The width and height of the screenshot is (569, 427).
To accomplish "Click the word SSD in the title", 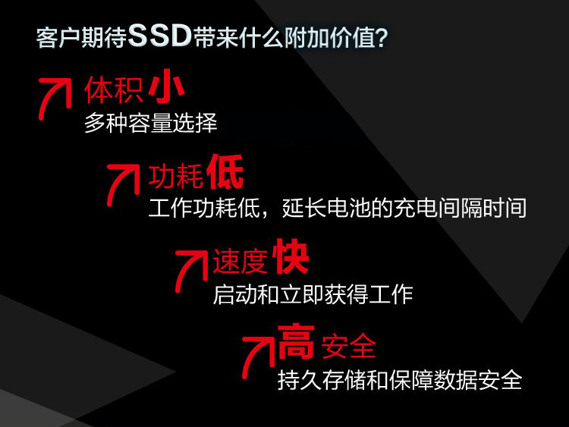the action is (x=160, y=36).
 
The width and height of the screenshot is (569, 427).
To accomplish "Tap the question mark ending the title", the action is (x=382, y=37).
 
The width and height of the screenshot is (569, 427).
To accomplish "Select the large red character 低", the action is (x=225, y=171).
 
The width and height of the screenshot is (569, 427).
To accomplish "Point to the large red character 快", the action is (x=292, y=256).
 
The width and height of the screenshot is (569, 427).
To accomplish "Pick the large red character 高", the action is (x=296, y=341).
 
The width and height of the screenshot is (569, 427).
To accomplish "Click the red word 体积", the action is (x=114, y=90).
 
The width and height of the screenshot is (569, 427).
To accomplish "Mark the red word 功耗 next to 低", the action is (x=176, y=177).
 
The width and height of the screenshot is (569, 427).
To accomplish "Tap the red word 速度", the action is (x=240, y=261).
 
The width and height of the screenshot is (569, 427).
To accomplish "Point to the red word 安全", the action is (x=348, y=346).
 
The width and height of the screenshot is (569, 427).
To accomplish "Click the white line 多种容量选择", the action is (x=151, y=123).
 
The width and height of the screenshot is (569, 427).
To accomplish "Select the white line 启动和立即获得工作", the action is (x=313, y=294).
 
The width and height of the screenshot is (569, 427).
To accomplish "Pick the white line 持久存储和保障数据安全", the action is (x=400, y=380).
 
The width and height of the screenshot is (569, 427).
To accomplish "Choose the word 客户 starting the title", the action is (x=58, y=37).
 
